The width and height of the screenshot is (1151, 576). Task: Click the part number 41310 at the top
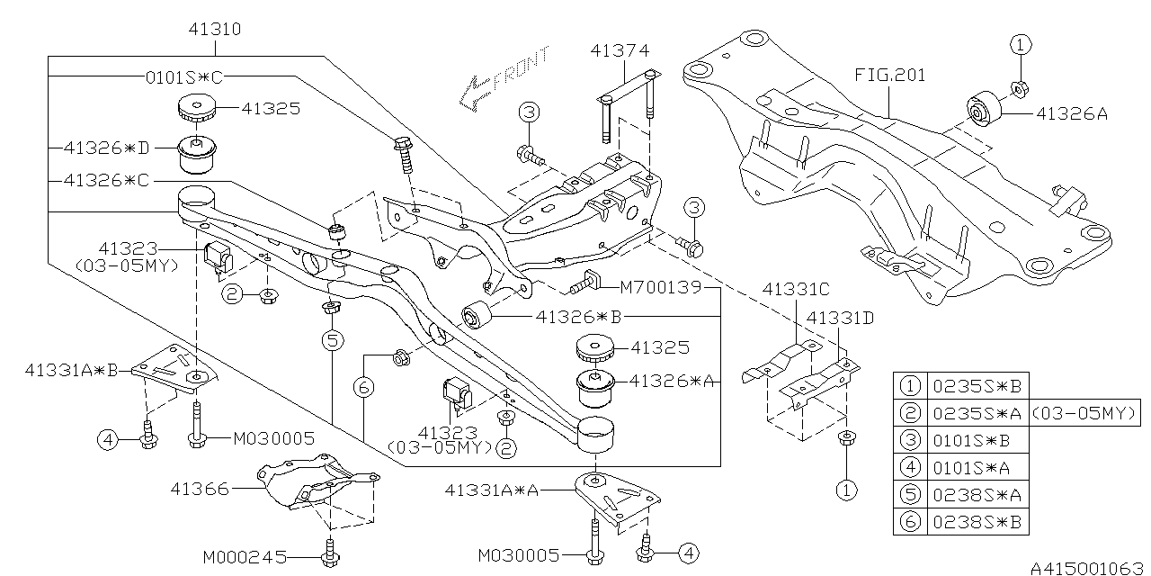(x=215, y=30)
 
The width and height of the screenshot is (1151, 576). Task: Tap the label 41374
(x=620, y=51)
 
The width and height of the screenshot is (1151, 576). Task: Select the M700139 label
(x=661, y=290)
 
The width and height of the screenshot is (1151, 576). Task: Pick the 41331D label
(x=840, y=317)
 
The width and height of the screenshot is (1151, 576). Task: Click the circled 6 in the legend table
(x=911, y=520)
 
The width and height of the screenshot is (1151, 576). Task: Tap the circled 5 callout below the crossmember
(x=333, y=340)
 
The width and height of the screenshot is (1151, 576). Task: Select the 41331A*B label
(x=72, y=369)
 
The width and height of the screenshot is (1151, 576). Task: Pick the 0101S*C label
(x=185, y=77)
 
